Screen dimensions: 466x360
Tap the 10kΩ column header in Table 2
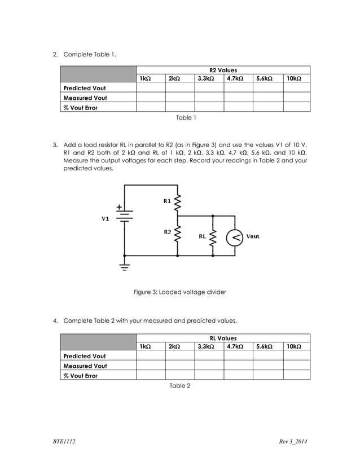click(293, 346)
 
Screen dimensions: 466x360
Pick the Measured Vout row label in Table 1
click(85, 98)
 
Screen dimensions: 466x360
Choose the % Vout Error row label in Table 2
click(81, 375)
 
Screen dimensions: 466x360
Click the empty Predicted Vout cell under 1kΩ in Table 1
click(150, 88)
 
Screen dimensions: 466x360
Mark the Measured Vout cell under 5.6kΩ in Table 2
click(267, 366)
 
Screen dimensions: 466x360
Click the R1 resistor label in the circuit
click(168, 201)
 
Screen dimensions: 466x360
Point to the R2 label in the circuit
click(168, 232)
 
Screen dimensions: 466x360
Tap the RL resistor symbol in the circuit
click(213, 237)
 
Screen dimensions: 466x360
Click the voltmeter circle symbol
click(235, 237)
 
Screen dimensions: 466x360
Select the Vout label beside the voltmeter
click(253, 236)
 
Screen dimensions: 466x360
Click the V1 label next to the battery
click(105, 219)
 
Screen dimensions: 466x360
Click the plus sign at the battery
click(120, 207)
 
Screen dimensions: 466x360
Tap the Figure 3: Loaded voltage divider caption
click(179, 292)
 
